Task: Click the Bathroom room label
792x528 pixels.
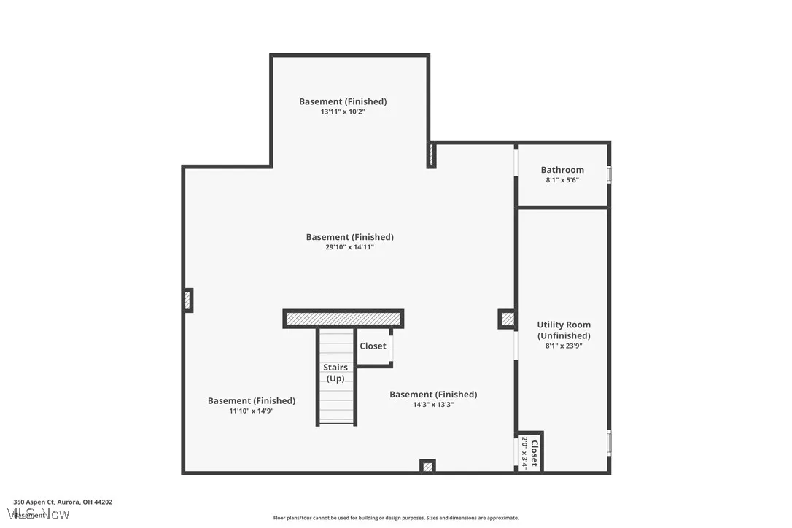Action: click(562, 170)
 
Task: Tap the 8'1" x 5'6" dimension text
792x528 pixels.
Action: click(562, 180)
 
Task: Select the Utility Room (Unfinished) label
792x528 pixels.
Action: click(564, 330)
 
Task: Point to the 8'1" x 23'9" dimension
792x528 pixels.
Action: click(564, 346)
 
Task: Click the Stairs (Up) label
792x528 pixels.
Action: click(335, 373)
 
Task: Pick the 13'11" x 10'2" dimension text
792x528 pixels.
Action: click(343, 112)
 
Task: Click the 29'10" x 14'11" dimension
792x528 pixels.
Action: click(350, 247)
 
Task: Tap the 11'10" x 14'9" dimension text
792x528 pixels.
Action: click(252, 411)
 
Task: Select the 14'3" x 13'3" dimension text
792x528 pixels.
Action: click(433, 405)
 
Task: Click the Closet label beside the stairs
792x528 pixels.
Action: click(373, 346)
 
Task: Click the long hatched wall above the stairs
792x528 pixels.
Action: click(343, 319)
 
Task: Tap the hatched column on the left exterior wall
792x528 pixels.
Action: click(187, 300)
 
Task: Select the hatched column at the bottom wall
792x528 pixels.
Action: click(427, 465)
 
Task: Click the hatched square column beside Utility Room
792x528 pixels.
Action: click(507, 319)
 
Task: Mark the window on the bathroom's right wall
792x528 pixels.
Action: click(609, 174)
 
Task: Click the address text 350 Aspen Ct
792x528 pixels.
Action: click(63, 502)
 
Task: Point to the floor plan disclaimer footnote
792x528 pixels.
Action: click(396, 518)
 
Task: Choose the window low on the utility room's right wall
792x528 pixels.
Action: click(609, 442)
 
